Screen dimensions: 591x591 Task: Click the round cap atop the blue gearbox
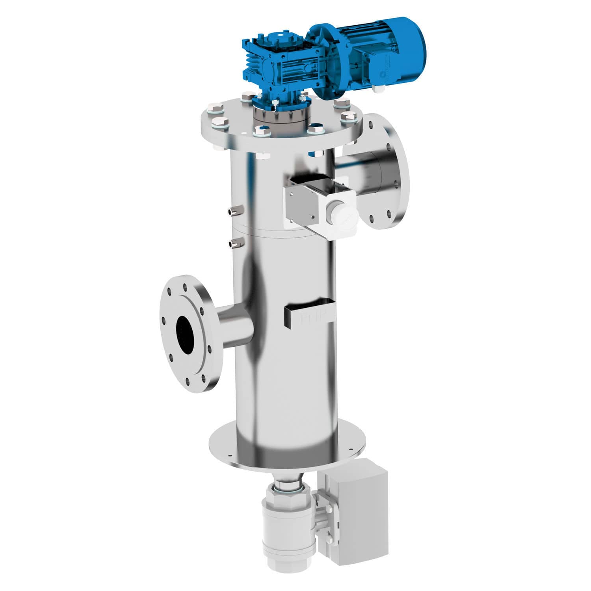(x=280, y=36)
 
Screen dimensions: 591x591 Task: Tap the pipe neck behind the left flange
(x=234, y=325)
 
